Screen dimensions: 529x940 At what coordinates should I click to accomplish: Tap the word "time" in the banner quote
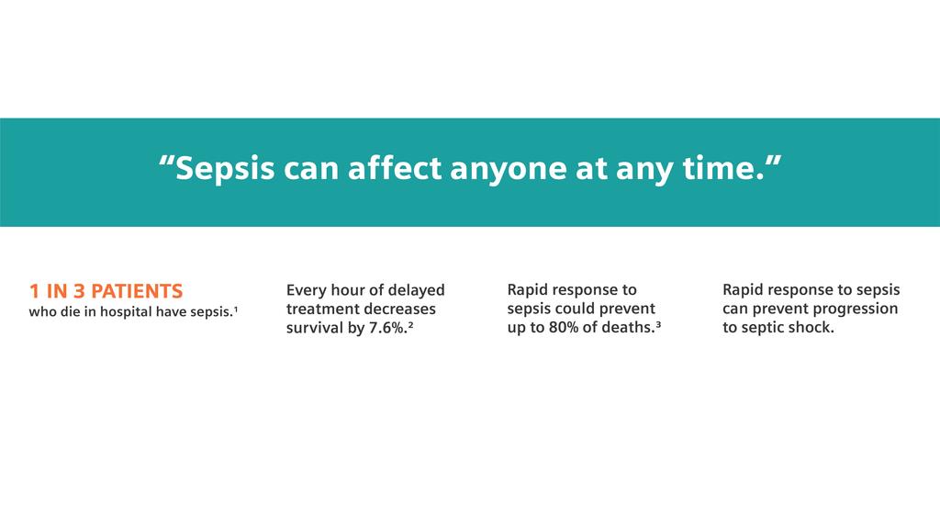[722, 170]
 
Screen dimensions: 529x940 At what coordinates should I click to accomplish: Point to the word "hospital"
[127, 313]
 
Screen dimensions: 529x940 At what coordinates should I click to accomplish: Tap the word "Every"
[307, 291]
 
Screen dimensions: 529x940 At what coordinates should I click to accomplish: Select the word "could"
[577, 309]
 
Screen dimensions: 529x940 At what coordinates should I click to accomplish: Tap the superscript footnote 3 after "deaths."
[659, 324]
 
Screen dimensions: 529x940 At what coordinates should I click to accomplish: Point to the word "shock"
[811, 328]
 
